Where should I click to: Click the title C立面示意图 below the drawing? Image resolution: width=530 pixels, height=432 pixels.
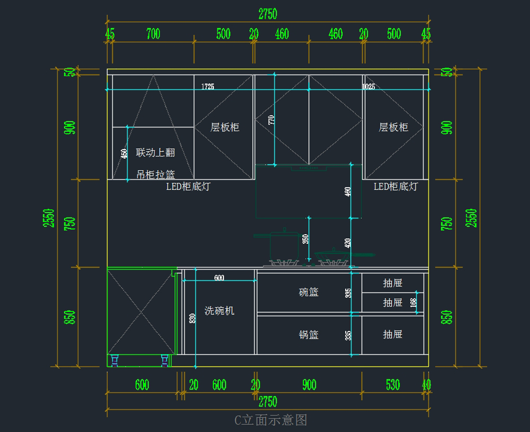(270, 420)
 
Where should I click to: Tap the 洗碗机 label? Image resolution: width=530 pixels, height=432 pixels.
(219, 311)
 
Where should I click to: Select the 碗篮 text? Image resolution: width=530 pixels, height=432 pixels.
(309, 292)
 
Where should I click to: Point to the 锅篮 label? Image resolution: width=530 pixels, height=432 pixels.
(309, 335)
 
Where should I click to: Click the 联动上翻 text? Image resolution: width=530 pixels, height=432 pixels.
(155, 153)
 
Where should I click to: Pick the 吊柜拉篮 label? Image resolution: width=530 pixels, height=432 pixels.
(155, 175)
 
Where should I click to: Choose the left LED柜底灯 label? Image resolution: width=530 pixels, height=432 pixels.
(188, 186)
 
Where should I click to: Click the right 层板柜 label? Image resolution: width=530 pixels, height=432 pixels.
(393, 128)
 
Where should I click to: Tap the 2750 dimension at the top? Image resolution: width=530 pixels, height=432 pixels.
(268, 14)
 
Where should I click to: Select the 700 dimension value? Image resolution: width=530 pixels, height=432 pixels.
(153, 34)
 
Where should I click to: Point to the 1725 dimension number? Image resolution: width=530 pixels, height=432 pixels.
(208, 86)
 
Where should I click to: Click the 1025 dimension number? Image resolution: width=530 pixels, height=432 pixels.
(368, 86)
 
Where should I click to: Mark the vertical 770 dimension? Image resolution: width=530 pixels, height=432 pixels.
(271, 119)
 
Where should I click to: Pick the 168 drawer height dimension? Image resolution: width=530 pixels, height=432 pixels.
(413, 303)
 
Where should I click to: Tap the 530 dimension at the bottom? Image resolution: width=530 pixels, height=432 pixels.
(393, 385)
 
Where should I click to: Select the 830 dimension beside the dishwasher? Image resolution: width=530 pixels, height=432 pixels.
(192, 318)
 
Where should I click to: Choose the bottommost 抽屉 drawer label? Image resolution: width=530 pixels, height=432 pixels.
(393, 334)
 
